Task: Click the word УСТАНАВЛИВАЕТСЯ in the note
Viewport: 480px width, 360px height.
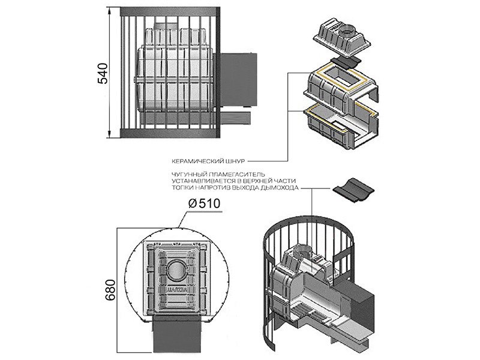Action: (204, 181)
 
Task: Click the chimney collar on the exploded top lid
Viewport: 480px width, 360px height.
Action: (347, 30)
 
